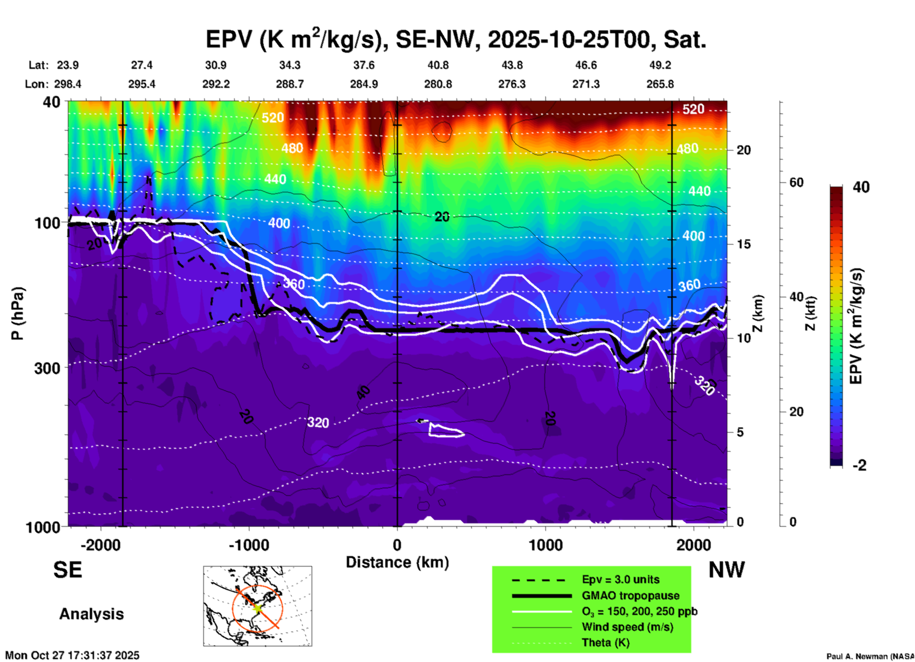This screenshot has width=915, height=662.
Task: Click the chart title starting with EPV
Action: (x=456, y=39)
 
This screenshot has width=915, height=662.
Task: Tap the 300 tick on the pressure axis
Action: (x=47, y=368)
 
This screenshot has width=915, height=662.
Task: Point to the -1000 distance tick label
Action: (x=248, y=545)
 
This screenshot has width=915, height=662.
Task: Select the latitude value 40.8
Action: (x=438, y=65)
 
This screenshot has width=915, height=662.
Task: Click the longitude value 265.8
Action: (x=660, y=84)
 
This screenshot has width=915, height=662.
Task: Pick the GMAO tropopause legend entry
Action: (x=630, y=596)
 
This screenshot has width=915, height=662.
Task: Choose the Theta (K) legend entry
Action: (x=605, y=643)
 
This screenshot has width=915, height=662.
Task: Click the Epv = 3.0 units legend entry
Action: (x=620, y=579)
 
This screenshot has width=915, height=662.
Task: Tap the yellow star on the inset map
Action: (x=257, y=607)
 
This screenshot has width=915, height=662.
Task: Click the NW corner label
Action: (x=726, y=570)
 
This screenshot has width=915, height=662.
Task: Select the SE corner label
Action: (x=67, y=570)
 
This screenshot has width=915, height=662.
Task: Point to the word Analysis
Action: (x=91, y=614)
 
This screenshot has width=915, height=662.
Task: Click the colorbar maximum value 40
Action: (x=861, y=187)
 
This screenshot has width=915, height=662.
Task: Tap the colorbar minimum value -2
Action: (x=859, y=465)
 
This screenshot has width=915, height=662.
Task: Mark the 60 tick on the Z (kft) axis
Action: (x=796, y=182)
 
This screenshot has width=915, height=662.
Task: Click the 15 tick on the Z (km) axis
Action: (x=743, y=244)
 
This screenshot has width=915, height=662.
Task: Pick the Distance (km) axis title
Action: (x=397, y=562)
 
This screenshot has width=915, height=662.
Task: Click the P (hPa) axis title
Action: (x=18, y=313)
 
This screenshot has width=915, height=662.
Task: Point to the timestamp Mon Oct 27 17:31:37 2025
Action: (x=72, y=655)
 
